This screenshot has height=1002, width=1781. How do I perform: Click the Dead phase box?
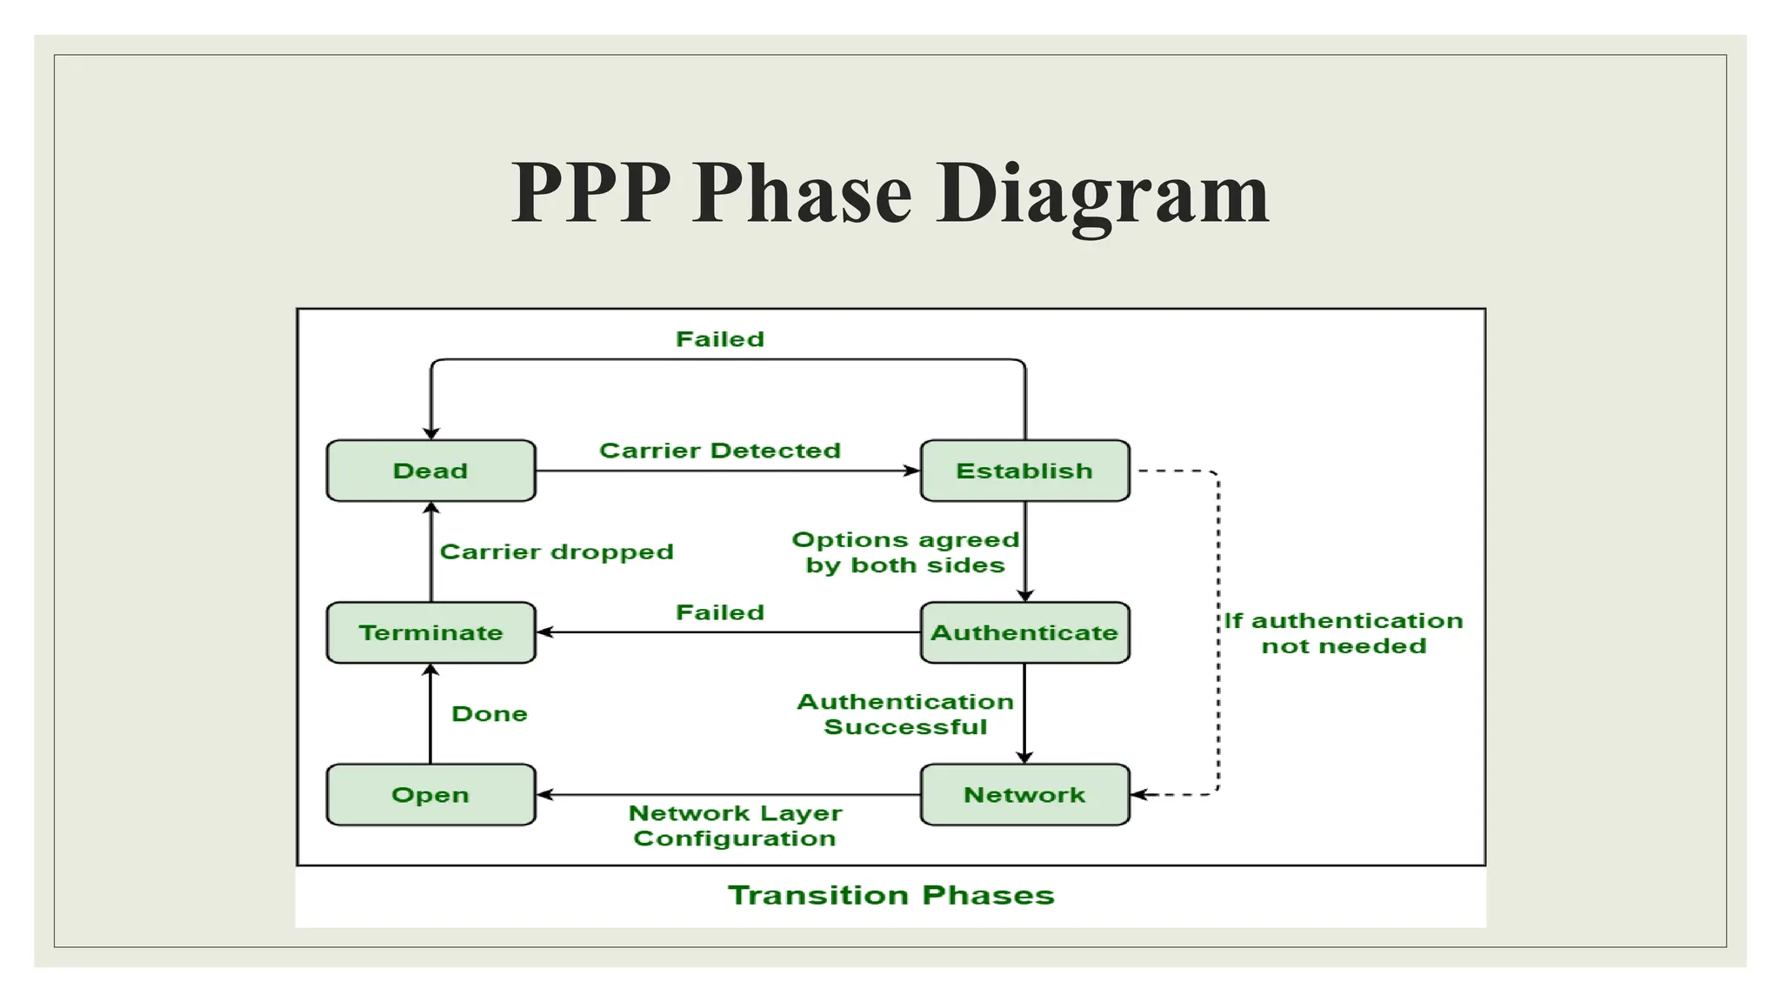[x=430, y=471]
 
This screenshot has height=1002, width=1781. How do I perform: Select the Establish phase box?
[x=1024, y=471]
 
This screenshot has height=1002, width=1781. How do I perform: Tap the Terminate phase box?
[x=430, y=632]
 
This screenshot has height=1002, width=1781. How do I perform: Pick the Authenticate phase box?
[x=1024, y=632]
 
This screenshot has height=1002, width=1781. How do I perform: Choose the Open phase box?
[x=430, y=794]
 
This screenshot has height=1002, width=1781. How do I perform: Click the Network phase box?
[x=1024, y=794]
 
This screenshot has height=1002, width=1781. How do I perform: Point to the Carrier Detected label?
[x=720, y=451]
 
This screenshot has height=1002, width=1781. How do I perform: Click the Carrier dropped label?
[x=557, y=551]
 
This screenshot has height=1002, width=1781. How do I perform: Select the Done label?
[x=490, y=714]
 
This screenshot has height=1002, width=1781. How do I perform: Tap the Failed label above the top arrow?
[x=720, y=339]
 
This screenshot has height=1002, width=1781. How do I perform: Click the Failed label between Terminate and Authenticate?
[x=720, y=612]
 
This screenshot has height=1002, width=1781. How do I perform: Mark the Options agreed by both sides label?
[x=905, y=552]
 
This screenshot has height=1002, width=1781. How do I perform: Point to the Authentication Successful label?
[x=905, y=714]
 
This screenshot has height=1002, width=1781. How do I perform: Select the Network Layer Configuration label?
[x=735, y=825]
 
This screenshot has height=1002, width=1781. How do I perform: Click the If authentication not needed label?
[x=1344, y=633]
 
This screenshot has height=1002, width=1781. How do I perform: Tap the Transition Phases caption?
[x=890, y=895]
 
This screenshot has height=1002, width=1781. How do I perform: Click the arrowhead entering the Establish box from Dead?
[x=912, y=471]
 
